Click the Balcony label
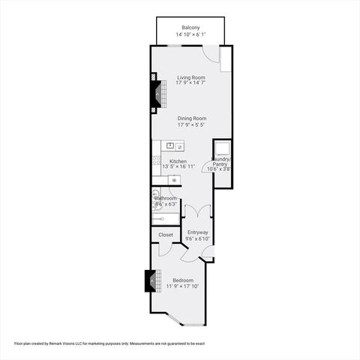[190, 28]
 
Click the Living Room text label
[191, 77]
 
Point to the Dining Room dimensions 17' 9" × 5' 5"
[191, 125]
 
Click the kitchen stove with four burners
[156, 160]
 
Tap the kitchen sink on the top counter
[170, 145]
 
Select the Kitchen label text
[178, 161]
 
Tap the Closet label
[165, 235]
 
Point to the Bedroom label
[183, 280]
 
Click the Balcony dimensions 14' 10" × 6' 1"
[190, 34]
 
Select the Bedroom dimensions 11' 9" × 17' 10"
[183, 286]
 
